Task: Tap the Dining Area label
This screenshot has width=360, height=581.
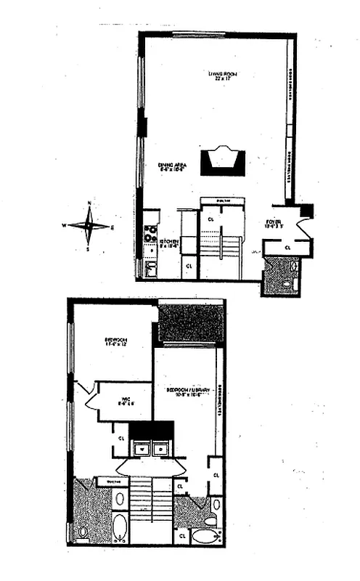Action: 172,168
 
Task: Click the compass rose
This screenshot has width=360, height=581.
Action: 89,226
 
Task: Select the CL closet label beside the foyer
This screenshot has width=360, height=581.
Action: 287,247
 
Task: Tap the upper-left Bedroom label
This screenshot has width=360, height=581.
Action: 115,341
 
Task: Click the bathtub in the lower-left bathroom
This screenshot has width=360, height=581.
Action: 120,527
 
